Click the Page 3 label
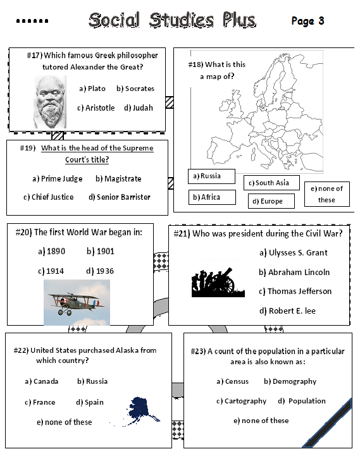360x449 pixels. tap(307, 21)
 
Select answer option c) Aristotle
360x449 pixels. tap(96, 108)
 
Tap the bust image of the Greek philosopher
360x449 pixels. tap(51, 101)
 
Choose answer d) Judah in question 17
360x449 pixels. tap(139, 108)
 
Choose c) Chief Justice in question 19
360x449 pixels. tap(49, 197)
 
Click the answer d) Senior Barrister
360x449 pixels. tap(120, 197)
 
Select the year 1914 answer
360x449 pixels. tap(51, 271)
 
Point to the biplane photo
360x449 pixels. tap(77, 302)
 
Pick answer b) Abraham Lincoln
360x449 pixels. tap(294, 272)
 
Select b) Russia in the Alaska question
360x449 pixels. tap(92, 381)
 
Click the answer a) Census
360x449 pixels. tap(232, 381)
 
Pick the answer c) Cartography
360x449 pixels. tap(241, 401)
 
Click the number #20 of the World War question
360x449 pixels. tap(23, 232)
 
